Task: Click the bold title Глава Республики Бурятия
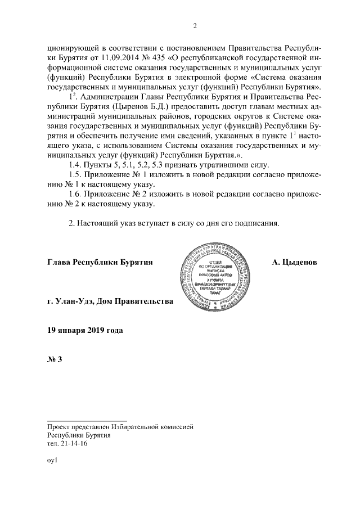[x=101, y=263]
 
